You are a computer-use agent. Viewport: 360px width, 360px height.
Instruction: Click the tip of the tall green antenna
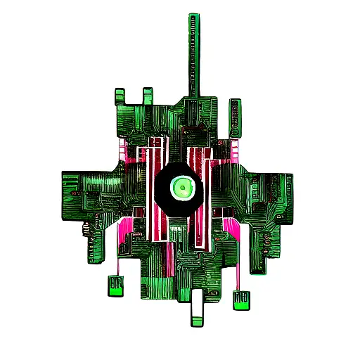click(192, 15)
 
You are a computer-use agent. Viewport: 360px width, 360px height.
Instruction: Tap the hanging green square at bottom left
click(115, 285)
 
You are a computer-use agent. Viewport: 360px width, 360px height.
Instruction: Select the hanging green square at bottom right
click(240, 300)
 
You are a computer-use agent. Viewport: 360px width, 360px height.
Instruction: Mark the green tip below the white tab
click(198, 323)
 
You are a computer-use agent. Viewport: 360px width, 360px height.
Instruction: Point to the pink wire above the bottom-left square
click(117, 264)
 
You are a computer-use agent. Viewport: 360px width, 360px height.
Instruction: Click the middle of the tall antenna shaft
click(192, 56)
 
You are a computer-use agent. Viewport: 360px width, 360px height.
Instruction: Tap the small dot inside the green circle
click(182, 186)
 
